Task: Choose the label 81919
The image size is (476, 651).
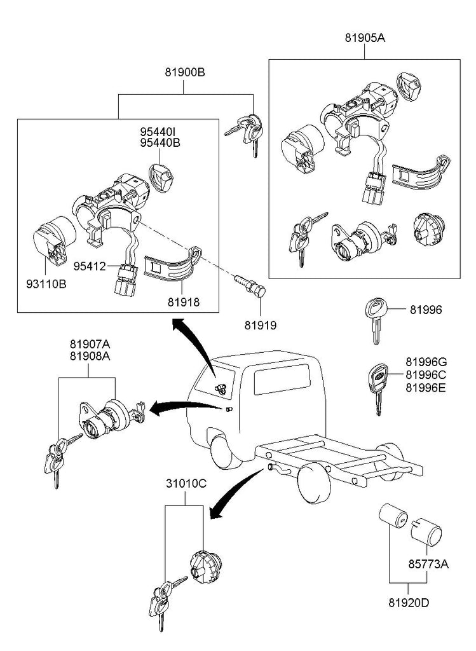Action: pos(261,325)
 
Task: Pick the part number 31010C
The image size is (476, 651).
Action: pos(186,483)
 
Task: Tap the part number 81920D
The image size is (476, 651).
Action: pos(407,600)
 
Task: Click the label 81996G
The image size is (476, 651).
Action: pos(429,361)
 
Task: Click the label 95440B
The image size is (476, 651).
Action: pos(160,143)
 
